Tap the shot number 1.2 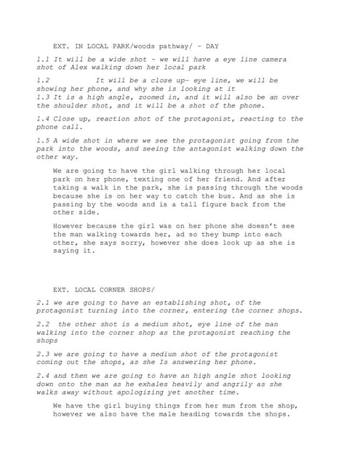43,80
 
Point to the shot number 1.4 43,118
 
